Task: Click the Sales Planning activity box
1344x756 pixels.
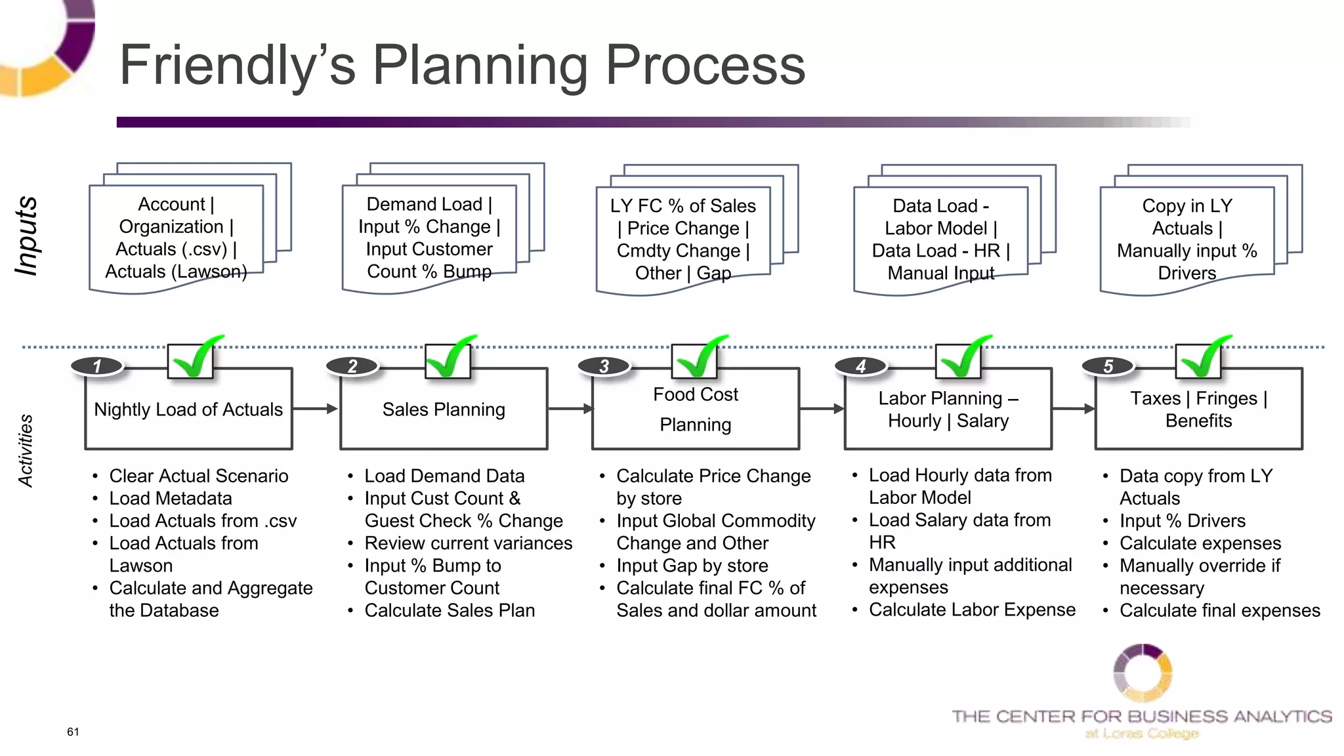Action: pyautogui.click(x=444, y=409)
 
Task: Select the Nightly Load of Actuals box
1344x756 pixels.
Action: pyautogui.click(x=188, y=409)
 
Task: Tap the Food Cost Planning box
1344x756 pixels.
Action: pyautogui.click(x=696, y=409)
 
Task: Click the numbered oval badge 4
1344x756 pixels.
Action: pyautogui.click(x=860, y=366)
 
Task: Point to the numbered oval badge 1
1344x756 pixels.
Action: pyautogui.click(x=97, y=366)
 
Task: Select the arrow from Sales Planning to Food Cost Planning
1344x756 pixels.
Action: pyautogui.click(x=570, y=409)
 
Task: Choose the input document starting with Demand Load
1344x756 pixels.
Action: pyautogui.click(x=429, y=238)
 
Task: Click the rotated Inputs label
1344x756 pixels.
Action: pyautogui.click(x=27, y=236)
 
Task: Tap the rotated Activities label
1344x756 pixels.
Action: pyautogui.click(x=26, y=451)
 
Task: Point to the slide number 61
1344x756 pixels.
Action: pyautogui.click(x=73, y=732)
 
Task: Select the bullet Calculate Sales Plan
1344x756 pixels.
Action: pyautogui.click(x=450, y=610)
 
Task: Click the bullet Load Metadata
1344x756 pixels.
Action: pyautogui.click(x=171, y=498)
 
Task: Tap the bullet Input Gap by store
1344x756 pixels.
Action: pyautogui.click(x=692, y=566)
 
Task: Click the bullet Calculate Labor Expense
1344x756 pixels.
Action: pyautogui.click(x=971, y=610)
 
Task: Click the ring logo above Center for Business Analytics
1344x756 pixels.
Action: pyautogui.click(x=1143, y=673)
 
